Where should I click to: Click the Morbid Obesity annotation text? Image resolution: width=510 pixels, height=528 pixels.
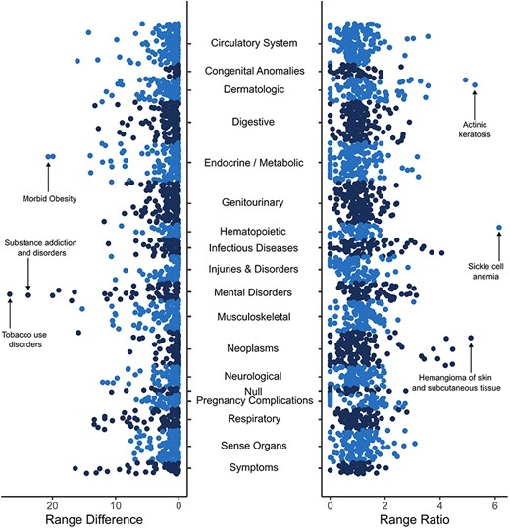49,199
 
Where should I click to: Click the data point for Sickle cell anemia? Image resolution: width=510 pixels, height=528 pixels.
499,228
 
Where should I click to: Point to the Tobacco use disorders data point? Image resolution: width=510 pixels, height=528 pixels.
10,293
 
